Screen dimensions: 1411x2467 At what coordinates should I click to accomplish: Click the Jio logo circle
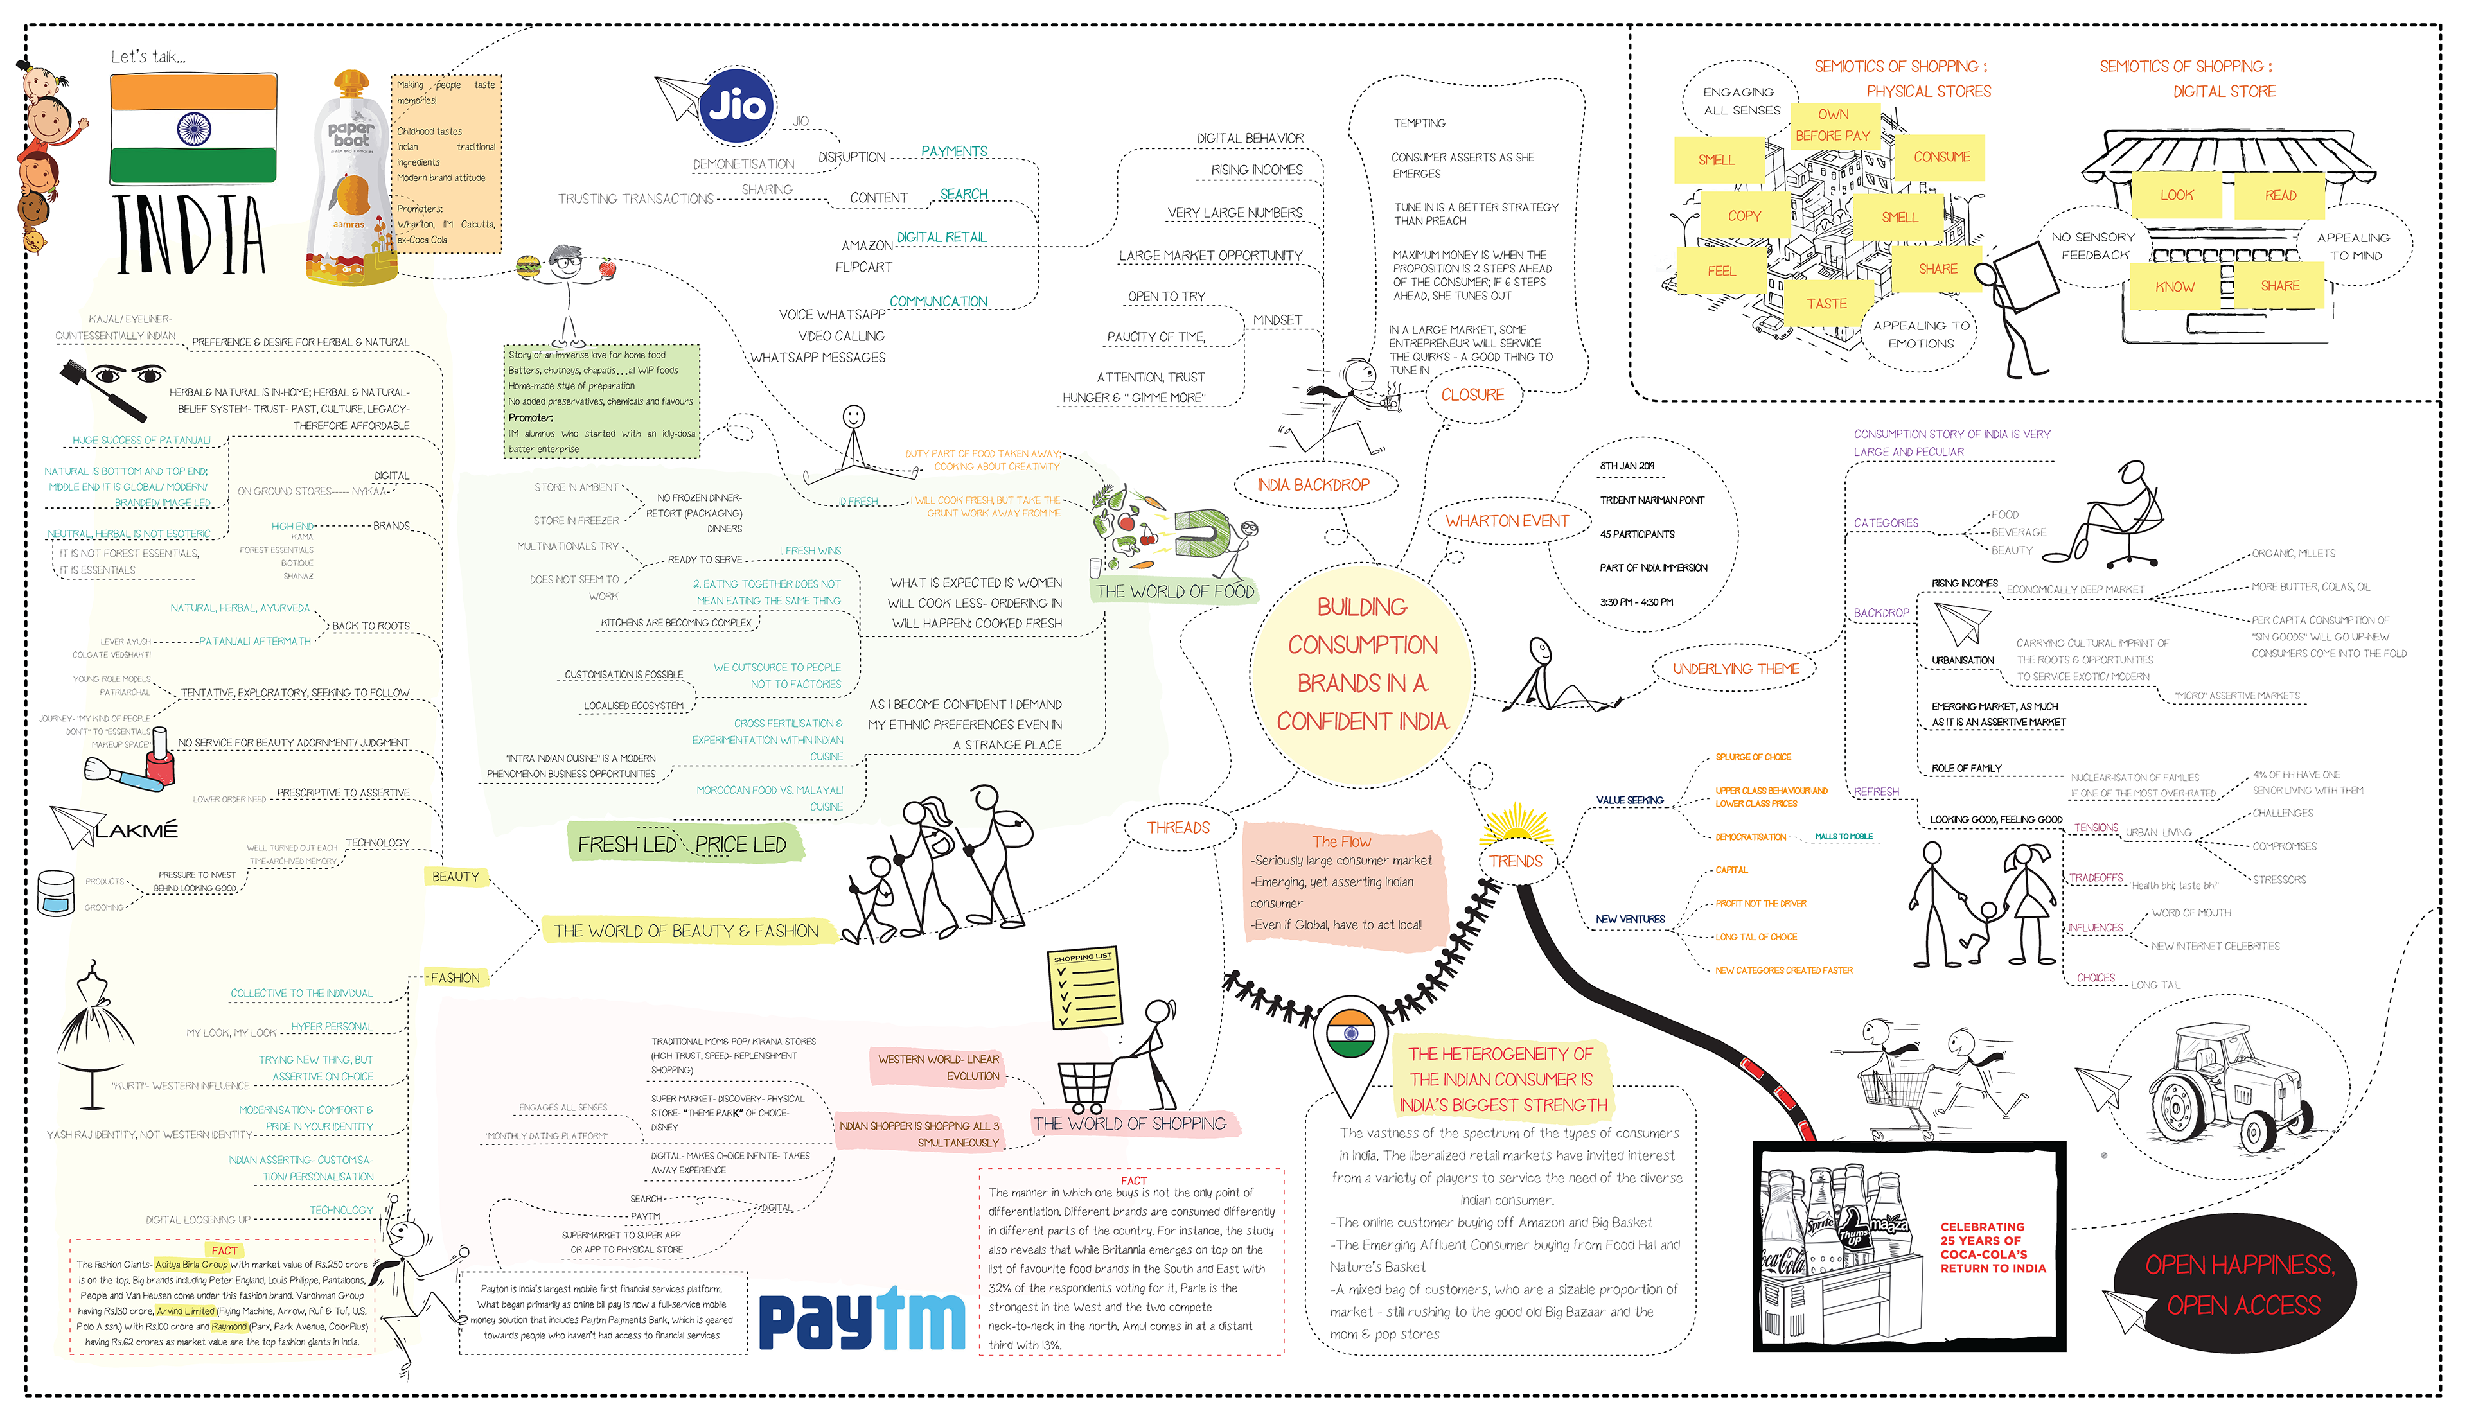tap(737, 105)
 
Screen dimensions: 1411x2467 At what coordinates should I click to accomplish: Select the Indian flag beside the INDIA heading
tap(194, 128)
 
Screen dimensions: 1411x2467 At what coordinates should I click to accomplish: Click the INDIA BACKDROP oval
tap(1313, 484)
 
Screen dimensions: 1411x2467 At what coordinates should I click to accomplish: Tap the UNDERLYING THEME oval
tap(1735, 669)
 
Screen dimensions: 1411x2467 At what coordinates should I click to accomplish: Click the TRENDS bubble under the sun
tap(1515, 861)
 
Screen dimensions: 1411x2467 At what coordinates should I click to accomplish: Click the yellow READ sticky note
tap(2280, 196)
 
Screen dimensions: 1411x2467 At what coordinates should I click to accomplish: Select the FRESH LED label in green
tap(627, 844)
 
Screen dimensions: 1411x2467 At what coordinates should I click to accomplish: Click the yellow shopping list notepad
tap(1082, 988)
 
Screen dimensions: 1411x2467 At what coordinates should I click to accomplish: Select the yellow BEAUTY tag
tap(455, 876)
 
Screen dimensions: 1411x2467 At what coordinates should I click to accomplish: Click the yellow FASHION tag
tap(455, 978)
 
